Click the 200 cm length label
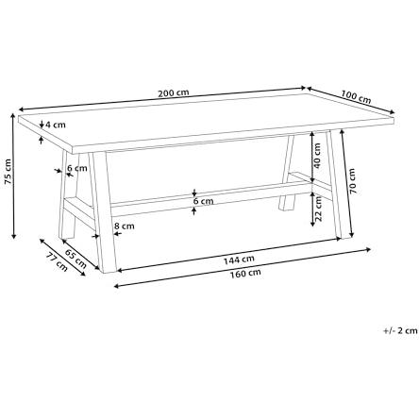(x=174, y=93)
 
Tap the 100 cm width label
(x=356, y=96)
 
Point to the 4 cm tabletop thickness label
(x=56, y=125)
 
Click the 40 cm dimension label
(x=317, y=156)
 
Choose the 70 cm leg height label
(x=352, y=181)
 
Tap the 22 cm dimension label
(x=318, y=209)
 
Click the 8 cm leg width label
(x=125, y=226)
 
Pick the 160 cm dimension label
(x=245, y=274)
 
